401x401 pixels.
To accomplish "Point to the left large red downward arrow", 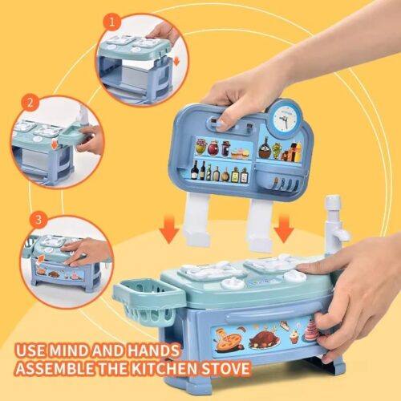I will tap(168, 230).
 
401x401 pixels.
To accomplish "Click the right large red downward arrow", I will tap(282, 230).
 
